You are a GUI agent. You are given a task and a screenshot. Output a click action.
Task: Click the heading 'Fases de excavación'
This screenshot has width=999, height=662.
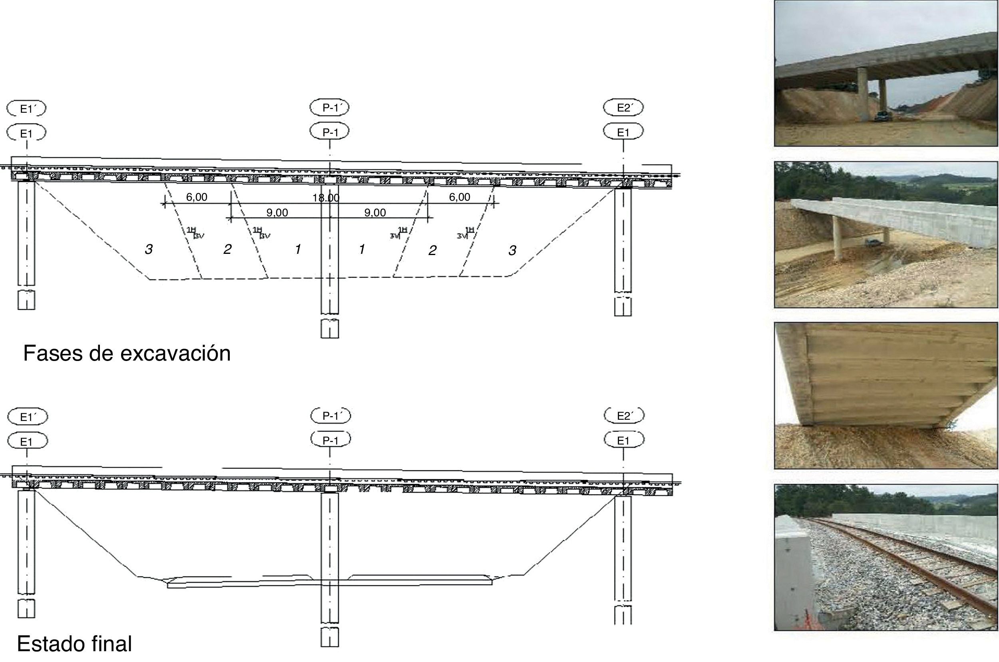tap(127, 353)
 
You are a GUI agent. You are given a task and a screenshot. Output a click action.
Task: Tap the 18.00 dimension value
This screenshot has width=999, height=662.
tap(326, 197)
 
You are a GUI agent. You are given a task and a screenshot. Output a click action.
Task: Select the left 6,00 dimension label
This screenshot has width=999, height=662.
tap(197, 197)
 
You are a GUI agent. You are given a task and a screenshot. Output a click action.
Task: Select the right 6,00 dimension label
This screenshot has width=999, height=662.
tap(459, 197)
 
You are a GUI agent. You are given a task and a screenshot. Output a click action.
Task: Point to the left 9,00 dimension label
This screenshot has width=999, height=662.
tap(277, 212)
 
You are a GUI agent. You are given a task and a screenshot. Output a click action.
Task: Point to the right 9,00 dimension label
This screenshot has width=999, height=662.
tap(375, 212)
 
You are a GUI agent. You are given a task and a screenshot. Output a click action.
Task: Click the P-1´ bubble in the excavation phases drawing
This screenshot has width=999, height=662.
tap(330, 108)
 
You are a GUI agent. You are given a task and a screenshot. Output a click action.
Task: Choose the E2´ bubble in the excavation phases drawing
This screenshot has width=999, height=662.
tap(623, 108)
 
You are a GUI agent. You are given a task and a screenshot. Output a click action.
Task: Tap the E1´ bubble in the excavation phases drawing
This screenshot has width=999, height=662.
tap(26, 109)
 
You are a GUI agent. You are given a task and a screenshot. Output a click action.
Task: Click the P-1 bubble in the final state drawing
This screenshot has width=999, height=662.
tap(330, 441)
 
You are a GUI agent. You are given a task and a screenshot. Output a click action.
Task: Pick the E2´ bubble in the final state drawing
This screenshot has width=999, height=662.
tap(624, 416)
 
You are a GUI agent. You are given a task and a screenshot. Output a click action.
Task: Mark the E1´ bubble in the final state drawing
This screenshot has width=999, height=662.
tap(28, 417)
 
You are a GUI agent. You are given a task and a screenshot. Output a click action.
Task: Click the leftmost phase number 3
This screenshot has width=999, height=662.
tap(149, 249)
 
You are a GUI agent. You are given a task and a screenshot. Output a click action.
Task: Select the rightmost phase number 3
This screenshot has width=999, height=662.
tap(512, 251)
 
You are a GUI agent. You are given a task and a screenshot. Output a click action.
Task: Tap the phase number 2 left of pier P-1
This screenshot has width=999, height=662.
tap(227, 249)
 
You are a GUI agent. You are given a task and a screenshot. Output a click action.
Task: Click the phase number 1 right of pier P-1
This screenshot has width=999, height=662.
tap(362, 249)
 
